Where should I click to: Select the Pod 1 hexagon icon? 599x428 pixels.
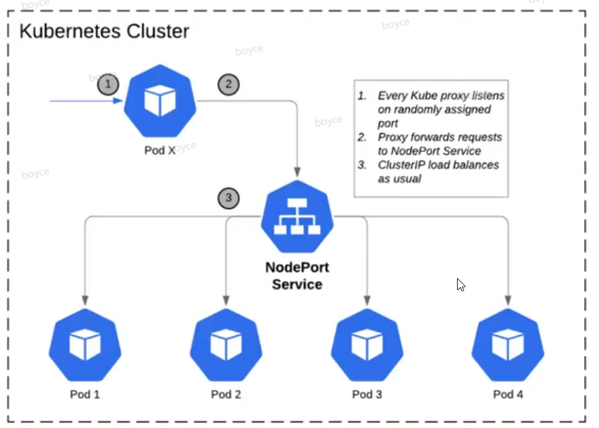coord(85,346)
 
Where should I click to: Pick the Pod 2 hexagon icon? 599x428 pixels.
coord(226,346)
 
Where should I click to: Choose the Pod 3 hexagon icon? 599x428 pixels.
coord(367,346)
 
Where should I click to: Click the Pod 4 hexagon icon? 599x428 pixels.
coord(508,346)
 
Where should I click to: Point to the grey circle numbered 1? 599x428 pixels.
coord(108,85)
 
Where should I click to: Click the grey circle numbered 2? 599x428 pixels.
coord(228,85)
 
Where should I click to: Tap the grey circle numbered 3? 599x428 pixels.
coord(228,198)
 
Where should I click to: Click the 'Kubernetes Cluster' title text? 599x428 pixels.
coord(104,32)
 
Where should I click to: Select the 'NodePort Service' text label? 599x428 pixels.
coord(297,276)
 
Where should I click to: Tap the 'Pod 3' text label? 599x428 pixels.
coord(367,394)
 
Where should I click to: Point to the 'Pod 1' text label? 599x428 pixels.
coord(85,394)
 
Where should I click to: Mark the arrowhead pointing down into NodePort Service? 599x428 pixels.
coord(297,172)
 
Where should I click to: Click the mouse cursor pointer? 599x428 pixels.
coord(461,284)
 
